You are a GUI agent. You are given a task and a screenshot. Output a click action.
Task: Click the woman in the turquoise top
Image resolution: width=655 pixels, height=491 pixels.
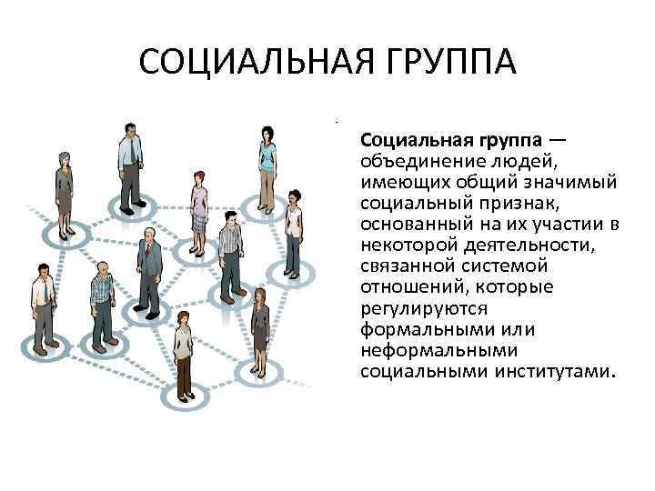pyautogui.click(x=267, y=164)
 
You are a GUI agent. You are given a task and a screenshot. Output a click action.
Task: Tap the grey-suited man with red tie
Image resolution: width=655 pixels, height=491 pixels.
pyautogui.click(x=148, y=268)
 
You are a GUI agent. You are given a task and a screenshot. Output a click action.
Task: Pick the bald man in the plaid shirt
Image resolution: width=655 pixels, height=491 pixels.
pyautogui.click(x=101, y=300)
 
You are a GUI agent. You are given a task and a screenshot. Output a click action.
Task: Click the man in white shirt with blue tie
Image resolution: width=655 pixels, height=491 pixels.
pyautogui.click(x=41, y=305)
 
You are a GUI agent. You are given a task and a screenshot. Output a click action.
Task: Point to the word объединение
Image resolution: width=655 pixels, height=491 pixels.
pyautogui.click(x=416, y=161)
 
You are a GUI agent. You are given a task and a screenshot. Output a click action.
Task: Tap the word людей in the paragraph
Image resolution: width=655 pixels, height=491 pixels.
pyautogui.click(x=515, y=161)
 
